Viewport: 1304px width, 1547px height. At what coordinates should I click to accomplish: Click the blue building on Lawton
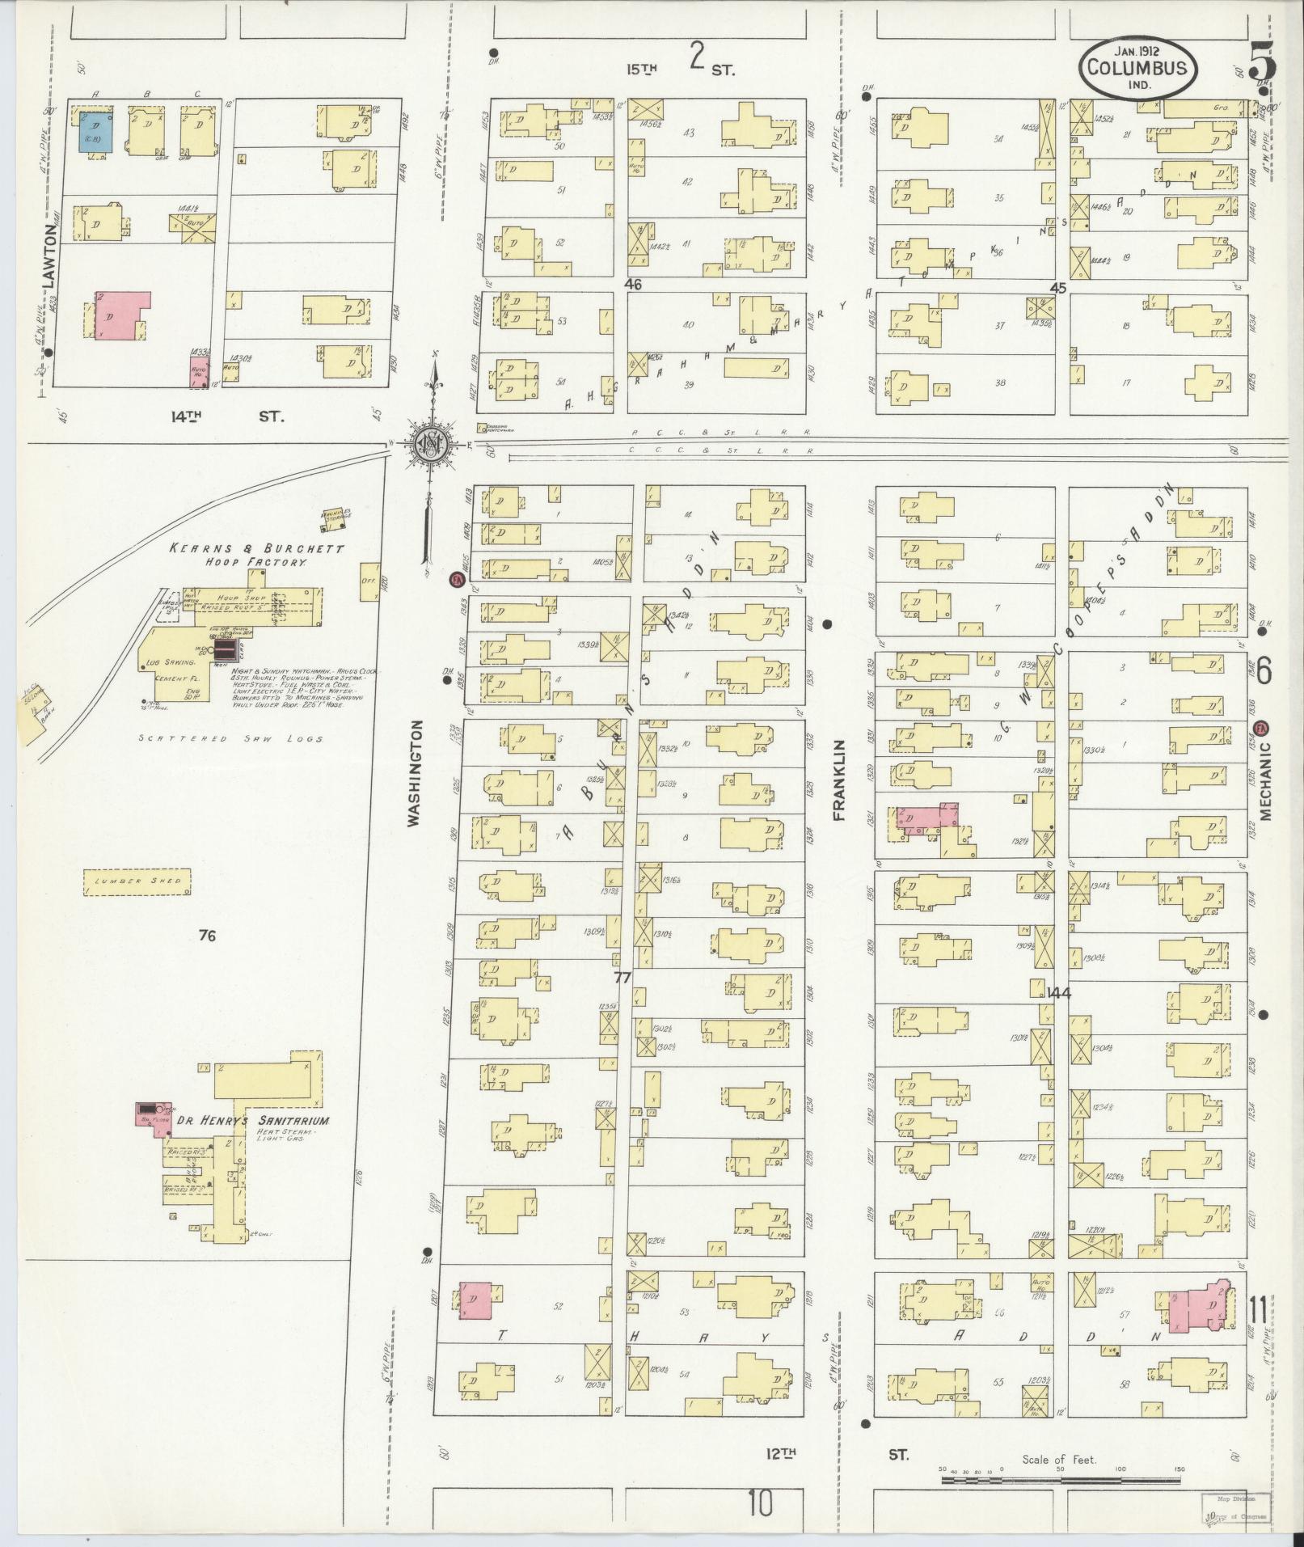(x=95, y=133)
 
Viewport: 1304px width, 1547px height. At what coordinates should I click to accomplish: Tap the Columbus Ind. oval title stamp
(x=1137, y=69)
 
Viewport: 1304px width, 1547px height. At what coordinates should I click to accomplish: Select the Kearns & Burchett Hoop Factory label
(x=256, y=555)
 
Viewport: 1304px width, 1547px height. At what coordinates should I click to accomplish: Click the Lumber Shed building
(x=137, y=881)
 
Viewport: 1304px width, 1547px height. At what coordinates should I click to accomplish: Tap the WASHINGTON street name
(x=414, y=773)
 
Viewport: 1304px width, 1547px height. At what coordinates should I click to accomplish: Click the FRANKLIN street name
(x=838, y=780)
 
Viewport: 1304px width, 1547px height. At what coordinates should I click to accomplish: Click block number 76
(x=207, y=936)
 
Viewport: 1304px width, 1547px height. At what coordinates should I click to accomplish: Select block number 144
(x=1057, y=993)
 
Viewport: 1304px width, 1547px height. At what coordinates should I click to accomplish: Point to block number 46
(x=633, y=284)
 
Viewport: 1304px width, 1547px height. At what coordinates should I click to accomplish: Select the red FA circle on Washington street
(x=457, y=579)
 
